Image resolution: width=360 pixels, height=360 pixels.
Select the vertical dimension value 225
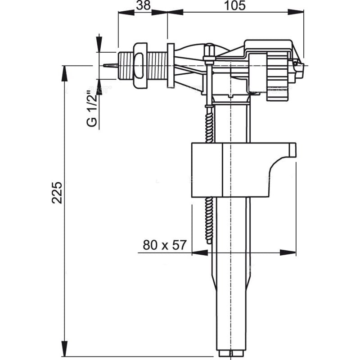(57, 193)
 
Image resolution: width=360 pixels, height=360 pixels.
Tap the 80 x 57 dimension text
(164, 245)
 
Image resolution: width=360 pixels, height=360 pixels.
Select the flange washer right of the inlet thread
(171, 66)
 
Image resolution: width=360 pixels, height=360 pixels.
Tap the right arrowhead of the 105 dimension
(297, 12)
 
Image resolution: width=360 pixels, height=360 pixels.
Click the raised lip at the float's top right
(292, 148)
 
